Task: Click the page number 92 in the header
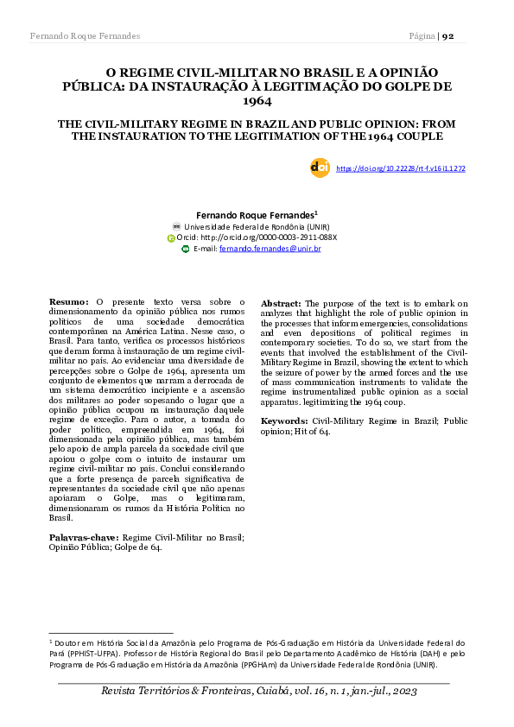point(454,35)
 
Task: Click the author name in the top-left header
point(85,35)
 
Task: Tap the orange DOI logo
point(319,168)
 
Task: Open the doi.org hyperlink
point(400,168)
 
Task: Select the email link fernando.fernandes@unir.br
point(270,249)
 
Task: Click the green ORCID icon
point(171,237)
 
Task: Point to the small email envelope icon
point(186,249)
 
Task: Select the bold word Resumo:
point(69,301)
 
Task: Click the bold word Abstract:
point(281,304)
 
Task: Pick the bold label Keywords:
point(284,420)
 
